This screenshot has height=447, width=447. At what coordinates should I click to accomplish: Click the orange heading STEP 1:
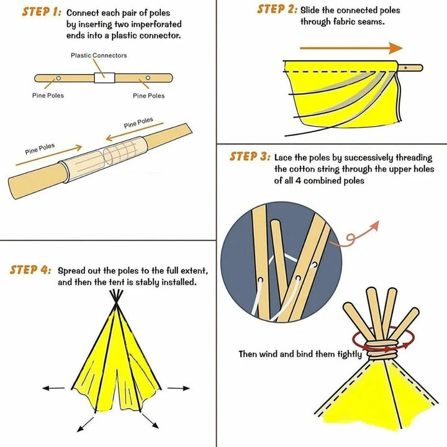(41, 12)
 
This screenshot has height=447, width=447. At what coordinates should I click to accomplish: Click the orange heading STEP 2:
(278, 9)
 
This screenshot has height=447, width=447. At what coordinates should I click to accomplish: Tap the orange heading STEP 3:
(250, 156)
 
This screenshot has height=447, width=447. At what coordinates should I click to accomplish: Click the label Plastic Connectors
(99, 55)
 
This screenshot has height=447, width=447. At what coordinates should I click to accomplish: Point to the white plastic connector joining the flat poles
(104, 78)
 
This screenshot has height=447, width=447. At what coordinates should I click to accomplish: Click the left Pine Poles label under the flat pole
(48, 96)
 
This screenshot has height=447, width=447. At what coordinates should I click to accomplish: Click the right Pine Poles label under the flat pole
(149, 96)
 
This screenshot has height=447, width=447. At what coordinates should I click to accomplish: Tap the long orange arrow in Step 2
(351, 48)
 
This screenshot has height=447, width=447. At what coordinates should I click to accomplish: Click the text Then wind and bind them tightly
(300, 354)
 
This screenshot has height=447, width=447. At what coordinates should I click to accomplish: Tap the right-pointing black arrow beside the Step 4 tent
(179, 388)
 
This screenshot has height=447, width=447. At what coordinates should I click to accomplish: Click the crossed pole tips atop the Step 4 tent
(115, 299)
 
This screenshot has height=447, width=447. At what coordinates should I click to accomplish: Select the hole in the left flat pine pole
(57, 78)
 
